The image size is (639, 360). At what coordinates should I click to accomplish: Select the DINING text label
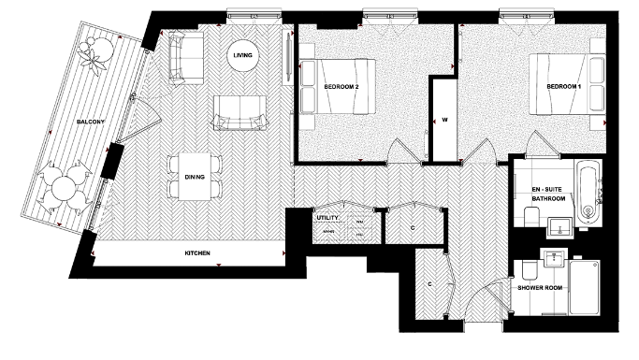pos(196,176)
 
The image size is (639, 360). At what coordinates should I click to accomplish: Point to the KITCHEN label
pos(196,254)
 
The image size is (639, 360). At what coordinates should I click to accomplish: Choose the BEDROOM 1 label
pos(564,87)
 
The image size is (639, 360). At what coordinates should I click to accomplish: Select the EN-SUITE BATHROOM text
pos(547,193)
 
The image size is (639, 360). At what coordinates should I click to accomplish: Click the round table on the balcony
pos(65,187)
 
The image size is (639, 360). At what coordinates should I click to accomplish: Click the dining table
pos(196,176)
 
